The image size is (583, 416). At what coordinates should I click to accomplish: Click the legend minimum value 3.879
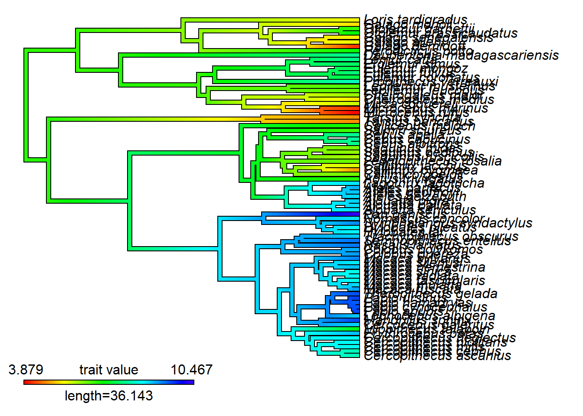coord(26,370)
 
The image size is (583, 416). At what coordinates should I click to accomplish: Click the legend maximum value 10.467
coord(191,370)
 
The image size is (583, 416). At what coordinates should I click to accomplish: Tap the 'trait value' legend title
coord(108,370)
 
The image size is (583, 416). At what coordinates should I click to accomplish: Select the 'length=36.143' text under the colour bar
coord(108,396)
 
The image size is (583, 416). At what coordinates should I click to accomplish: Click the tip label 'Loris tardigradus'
coord(416,20)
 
